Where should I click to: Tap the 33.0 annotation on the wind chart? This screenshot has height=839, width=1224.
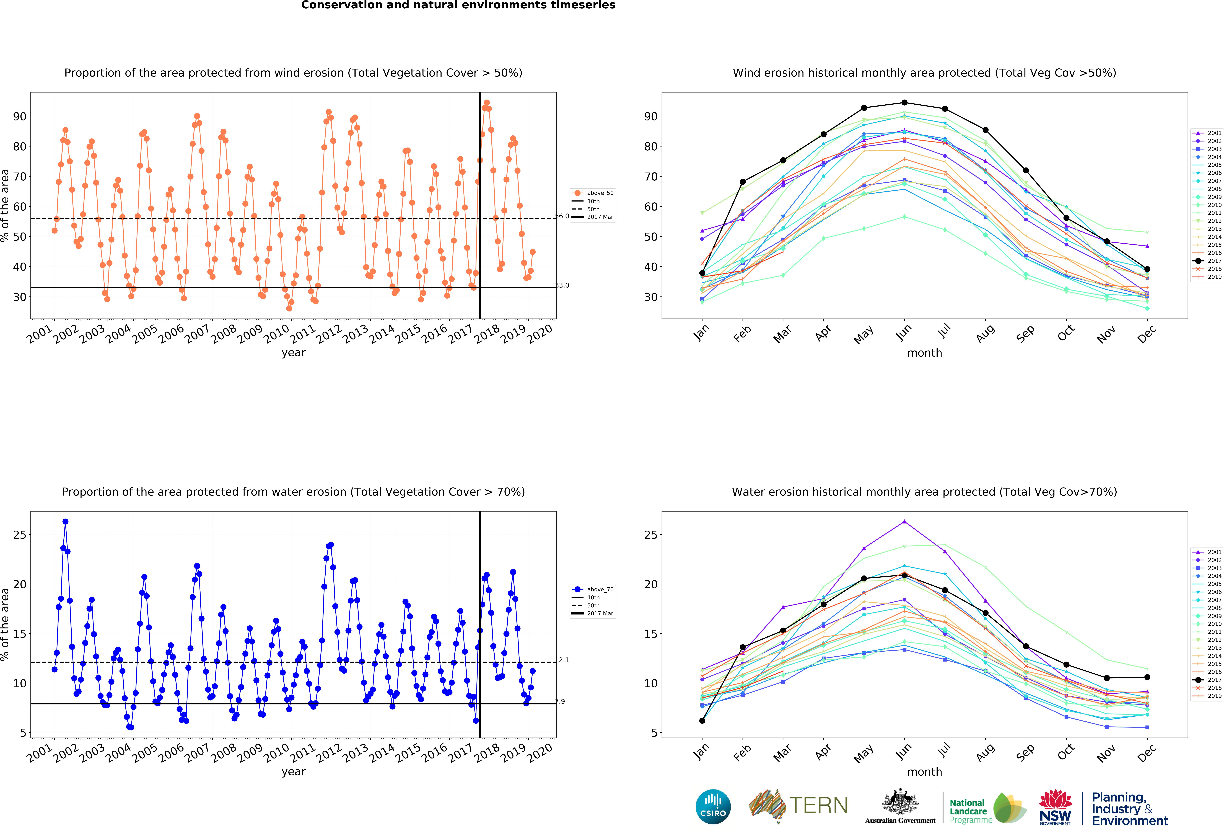562,285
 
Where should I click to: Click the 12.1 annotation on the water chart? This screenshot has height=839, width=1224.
562,660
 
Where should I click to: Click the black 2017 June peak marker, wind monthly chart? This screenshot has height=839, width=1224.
904,103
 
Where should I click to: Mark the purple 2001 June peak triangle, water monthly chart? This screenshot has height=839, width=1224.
904,522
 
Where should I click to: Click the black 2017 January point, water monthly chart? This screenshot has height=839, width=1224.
702,721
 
